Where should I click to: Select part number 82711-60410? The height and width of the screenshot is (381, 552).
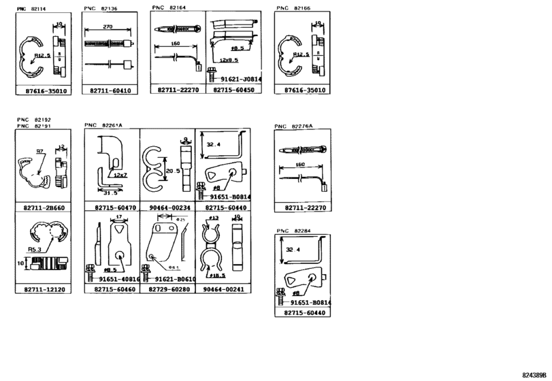point(110,90)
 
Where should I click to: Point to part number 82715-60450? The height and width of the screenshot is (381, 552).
point(233,90)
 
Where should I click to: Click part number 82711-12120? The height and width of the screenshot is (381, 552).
point(43,289)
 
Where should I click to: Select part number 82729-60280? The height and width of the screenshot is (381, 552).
point(167,289)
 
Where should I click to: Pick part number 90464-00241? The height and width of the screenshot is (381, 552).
point(223,289)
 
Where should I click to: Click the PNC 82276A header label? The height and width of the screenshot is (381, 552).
point(293,127)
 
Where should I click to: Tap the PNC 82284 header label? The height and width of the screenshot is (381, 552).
point(293,232)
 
